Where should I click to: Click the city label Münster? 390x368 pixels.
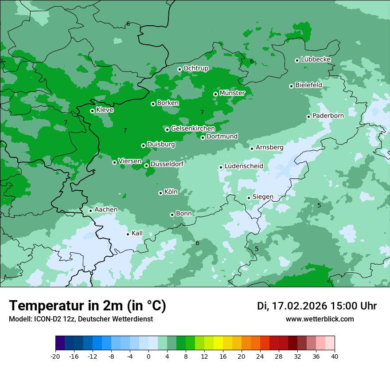232,93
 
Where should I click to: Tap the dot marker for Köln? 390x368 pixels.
160,193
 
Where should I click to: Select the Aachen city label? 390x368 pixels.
106,210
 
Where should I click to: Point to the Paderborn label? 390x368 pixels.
328,116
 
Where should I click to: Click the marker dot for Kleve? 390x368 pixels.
92,111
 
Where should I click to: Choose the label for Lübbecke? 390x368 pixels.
316,59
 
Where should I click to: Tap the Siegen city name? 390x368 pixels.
263,197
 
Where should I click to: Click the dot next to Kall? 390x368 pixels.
128,234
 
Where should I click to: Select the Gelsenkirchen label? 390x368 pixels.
193,129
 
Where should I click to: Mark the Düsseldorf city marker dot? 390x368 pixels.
146,165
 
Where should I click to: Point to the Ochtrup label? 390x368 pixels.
195,68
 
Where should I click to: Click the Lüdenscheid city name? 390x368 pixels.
244,166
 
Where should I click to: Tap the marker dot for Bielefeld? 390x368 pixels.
291,86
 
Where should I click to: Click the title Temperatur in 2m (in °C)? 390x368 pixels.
88,306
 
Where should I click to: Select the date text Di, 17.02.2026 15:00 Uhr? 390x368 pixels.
317,306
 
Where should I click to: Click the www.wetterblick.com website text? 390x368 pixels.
320,319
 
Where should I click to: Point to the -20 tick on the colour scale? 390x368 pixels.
55,356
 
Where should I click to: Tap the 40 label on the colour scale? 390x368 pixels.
334,356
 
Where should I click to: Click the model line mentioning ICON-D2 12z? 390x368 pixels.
81,319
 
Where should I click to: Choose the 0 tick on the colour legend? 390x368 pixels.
148,356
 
